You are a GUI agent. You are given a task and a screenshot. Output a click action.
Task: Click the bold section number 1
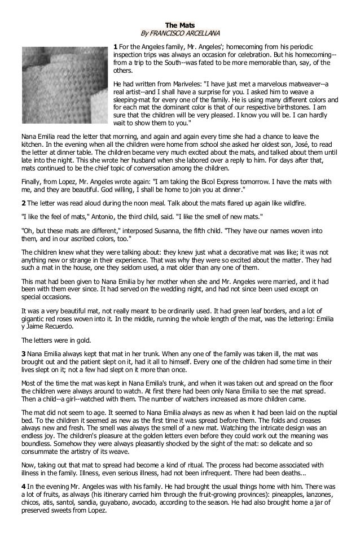tap(116, 46)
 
